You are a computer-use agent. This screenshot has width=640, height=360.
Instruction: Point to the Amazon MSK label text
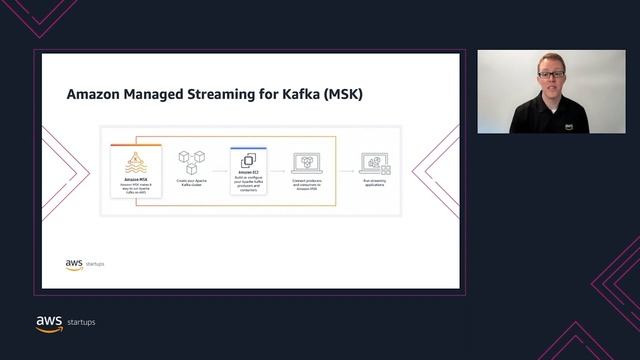(136, 180)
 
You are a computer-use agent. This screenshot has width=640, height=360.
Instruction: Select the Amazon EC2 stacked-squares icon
(248, 160)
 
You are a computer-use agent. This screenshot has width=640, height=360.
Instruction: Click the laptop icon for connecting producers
(306, 162)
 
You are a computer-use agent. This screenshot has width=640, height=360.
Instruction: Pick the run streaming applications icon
(375, 162)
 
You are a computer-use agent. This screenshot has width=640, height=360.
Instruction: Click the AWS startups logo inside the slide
(84, 264)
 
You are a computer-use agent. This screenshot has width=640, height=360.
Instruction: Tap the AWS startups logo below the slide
(65, 322)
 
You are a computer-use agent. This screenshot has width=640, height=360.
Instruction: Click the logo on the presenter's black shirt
(568, 127)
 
